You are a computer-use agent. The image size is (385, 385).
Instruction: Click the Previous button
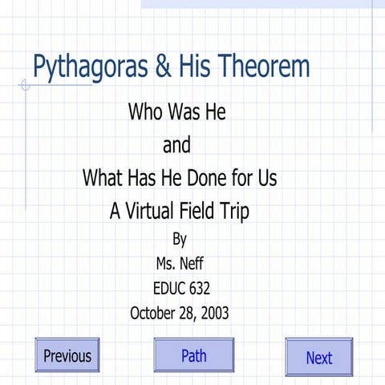67,355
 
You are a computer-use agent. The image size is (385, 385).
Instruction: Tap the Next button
318,358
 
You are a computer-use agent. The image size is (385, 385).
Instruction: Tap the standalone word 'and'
176,147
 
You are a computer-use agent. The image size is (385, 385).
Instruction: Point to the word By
180,238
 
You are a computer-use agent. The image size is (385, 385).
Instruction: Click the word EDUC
168,287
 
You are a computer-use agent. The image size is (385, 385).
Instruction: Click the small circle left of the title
26,85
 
